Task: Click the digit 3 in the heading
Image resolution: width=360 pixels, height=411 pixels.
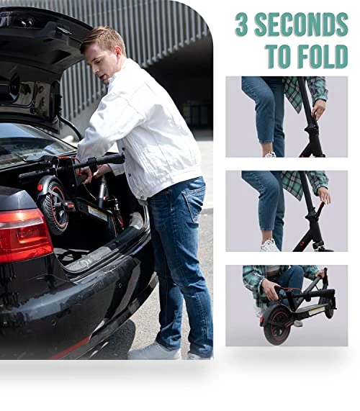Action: coord(241,24)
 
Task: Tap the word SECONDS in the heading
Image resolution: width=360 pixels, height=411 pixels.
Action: coord(301,24)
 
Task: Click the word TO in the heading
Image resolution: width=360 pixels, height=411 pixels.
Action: coord(279,56)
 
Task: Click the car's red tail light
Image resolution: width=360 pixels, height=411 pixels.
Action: coord(24,236)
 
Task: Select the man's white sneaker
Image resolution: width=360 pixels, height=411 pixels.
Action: coord(155,351)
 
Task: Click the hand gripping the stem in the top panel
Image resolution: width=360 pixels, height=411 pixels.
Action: coord(318,109)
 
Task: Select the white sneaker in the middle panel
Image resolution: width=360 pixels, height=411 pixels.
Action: coord(269,246)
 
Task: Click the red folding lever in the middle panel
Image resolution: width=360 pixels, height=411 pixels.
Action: coord(320,208)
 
